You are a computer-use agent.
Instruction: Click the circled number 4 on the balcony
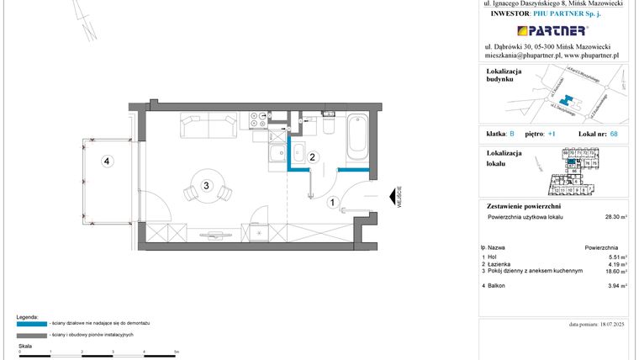tap(107, 162)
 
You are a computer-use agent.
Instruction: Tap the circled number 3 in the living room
tap(206, 184)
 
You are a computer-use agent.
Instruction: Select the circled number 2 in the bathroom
tap(312, 156)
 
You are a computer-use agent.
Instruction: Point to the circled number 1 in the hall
tap(333, 202)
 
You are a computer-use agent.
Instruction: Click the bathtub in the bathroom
tap(356, 136)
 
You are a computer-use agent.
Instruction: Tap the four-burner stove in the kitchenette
tap(256, 120)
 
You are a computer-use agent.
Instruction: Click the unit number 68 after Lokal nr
tap(614, 134)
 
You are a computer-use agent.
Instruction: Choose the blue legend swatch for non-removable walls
tap(31, 322)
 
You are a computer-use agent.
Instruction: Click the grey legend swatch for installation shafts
tap(31, 335)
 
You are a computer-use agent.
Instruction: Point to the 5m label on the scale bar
tap(176, 351)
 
